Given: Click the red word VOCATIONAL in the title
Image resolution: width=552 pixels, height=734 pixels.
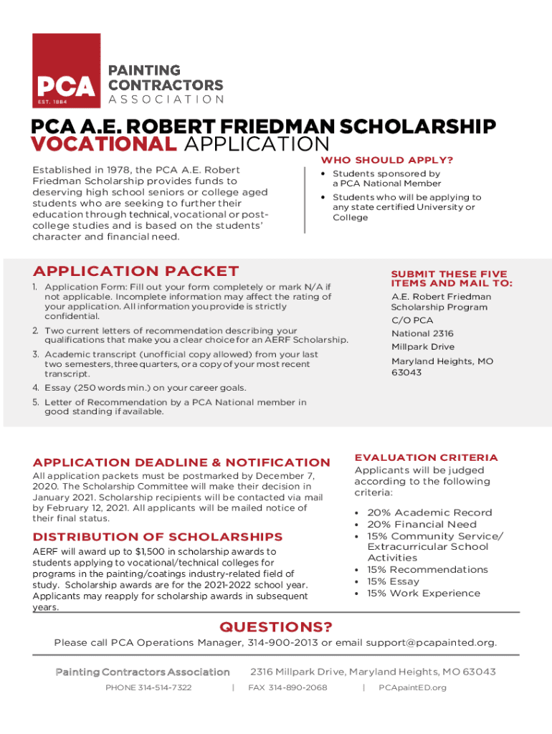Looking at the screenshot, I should coord(103,144).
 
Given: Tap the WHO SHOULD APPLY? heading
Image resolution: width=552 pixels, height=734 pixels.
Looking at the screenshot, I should coord(386,160).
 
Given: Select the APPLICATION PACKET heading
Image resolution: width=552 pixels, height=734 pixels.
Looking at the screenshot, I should coord(135,271).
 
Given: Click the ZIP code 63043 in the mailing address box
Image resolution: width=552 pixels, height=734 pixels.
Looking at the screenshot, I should coord(406,373).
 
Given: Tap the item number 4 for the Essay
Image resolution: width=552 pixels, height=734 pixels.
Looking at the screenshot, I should coord(35,388).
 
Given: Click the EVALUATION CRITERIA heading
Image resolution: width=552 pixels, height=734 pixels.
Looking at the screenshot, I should coord(426,457).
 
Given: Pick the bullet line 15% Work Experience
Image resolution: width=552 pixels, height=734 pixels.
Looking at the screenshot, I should coord(424,593).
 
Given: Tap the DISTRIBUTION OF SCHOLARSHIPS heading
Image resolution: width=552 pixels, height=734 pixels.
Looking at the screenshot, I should coord(158,537).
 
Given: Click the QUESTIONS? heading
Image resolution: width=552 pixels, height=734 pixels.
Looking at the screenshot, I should coord(276,628).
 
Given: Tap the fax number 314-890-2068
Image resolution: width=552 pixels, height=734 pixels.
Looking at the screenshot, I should coord(298,687).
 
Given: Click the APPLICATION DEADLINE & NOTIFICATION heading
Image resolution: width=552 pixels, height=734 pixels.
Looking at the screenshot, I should coord(181,462).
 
